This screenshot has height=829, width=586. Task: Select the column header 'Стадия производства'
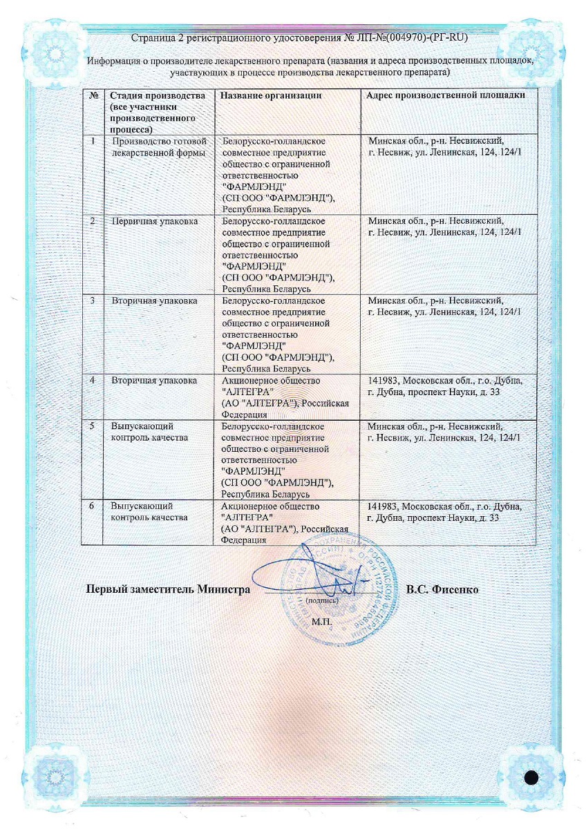[x=158, y=95]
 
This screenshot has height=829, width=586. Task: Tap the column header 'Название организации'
[x=272, y=95]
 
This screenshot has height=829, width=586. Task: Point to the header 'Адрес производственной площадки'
[x=446, y=95]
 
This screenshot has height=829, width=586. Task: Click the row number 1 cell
[x=93, y=140]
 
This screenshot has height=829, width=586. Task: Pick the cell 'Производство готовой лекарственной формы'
[x=158, y=146]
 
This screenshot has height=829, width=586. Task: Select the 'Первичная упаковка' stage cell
[x=155, y=220]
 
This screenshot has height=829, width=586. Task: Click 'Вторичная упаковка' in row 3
[x=155, y=301]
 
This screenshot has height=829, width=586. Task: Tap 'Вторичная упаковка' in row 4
[x=155, y=381]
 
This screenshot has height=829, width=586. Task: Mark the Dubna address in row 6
[x=446, y=512]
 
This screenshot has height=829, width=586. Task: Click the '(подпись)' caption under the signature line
[x=321, y=601]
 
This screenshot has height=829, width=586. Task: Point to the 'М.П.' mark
[x=322, y=622]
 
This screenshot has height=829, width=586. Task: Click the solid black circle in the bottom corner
[x=531, y=777]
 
